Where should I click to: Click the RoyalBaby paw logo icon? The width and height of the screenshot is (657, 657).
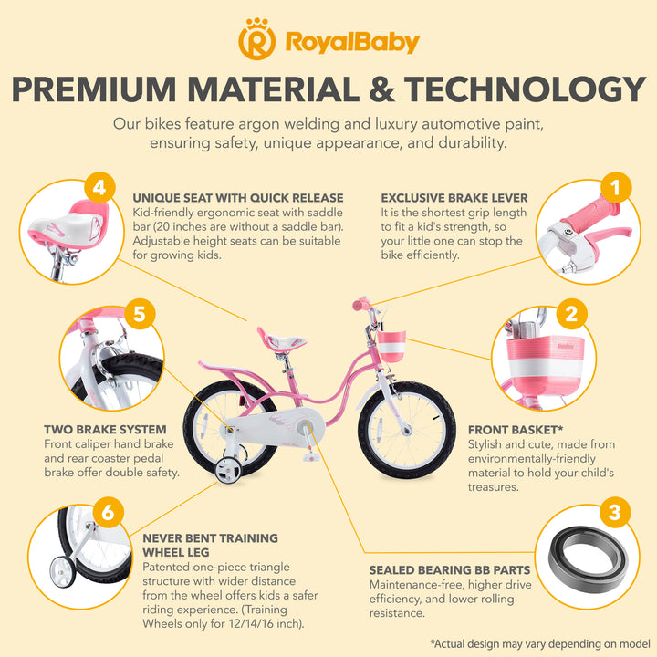[256, 41]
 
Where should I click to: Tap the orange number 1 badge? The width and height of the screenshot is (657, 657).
[617, 188]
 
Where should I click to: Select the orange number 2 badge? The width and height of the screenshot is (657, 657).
[571, 315]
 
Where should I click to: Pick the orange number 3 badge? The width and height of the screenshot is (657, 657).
[614, 513]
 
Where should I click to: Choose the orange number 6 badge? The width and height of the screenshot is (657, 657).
[108, 513]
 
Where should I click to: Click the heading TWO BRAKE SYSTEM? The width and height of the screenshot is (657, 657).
[105, 429]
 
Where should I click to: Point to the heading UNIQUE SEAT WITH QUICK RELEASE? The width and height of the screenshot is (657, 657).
[238, 197]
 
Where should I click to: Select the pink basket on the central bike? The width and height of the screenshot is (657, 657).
[391, 349]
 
